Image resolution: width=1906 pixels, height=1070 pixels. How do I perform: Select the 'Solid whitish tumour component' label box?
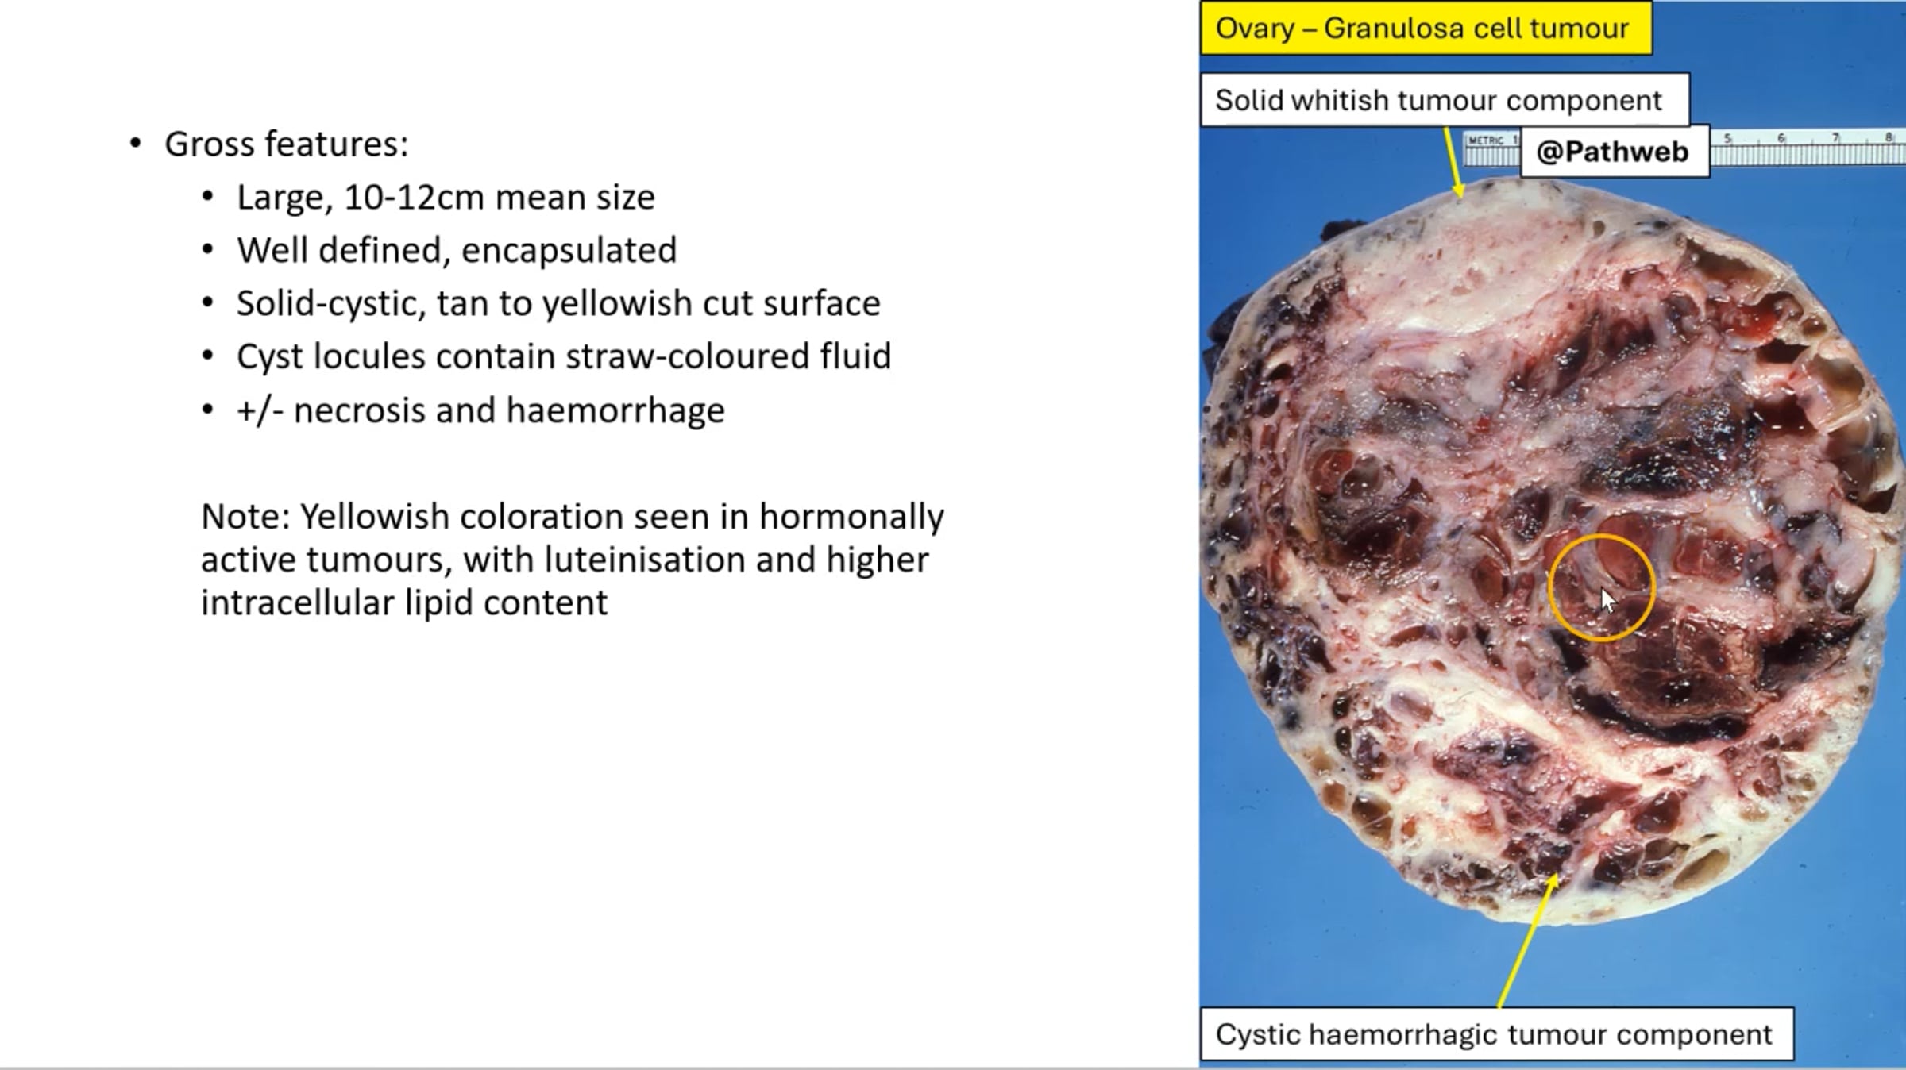point(1445,100)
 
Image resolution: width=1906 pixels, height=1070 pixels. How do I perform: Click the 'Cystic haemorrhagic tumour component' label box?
point(1496,1033)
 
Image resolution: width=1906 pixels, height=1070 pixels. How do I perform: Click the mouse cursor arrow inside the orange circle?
point(1607,600)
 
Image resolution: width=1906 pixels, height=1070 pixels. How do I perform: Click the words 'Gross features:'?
point(286,144)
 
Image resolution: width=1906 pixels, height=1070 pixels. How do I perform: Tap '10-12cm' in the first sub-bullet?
point(414,197)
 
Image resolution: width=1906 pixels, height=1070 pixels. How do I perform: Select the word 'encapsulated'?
point(569,250)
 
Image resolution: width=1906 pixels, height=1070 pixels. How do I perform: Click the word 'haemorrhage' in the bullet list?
point(615,410)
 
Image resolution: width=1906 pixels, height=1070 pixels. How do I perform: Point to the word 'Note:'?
point(246,517)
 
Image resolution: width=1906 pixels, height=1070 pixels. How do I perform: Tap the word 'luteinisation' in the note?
point(644,560)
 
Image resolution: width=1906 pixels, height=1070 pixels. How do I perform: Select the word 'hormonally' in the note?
point(851,518)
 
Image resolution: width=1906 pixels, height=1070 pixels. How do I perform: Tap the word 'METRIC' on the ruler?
point(1485,140)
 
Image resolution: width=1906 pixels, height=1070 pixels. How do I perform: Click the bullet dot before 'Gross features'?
point(136,144)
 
